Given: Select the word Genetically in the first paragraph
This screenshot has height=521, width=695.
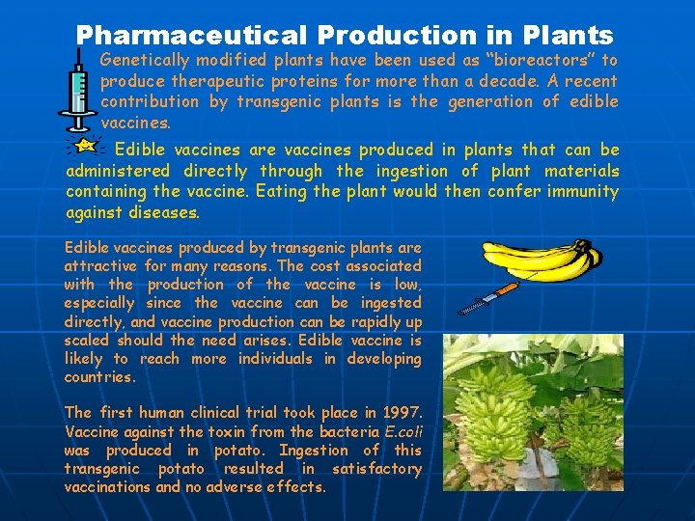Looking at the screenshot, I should pyautogui.click(x=147, y=60).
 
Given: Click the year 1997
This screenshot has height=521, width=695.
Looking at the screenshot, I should pyautogui.click(x=398, y=414).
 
